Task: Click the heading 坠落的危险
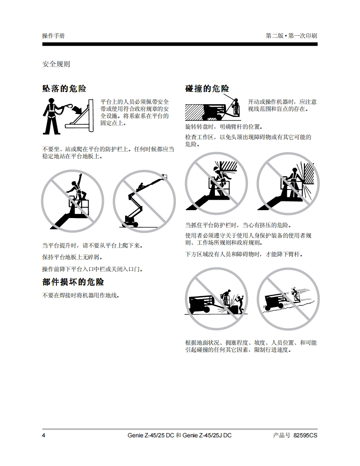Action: click(x=64, y=88)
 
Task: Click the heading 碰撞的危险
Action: click(x=207, y=88)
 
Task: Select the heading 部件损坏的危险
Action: click(x=73, y=282)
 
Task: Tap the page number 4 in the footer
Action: click(x=44, y=435)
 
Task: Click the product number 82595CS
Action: click(x=305, y=435)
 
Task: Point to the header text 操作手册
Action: click(x=54, y=36)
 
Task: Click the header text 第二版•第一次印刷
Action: click(x=291, y=36)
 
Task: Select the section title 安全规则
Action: click(x=56, y=64)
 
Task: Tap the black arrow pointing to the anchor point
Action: click(x=79, y=109)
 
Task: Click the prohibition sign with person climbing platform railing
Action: click(x=73, y=201)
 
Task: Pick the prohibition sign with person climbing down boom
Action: click(x=144, y=201)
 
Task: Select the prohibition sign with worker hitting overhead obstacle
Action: click(x=216, y=184)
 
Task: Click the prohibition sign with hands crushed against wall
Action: click(x=288, y=184)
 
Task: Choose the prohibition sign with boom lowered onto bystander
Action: click(x=216, y=299)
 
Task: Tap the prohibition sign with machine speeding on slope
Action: click(x=288, y=299)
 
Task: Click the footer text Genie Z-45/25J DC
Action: click(x=207, y=435)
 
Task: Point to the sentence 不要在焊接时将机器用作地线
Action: click(x=81, y=295)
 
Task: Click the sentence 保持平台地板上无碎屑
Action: click(x=72, y=257)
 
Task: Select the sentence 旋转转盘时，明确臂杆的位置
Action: click(x=224, y=127)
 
